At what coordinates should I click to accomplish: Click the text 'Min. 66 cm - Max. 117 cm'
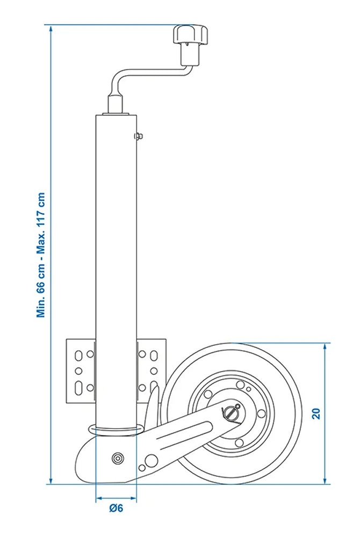point(41,255)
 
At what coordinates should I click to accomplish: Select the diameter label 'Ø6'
point(116,509)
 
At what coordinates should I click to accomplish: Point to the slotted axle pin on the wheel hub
point(231,413)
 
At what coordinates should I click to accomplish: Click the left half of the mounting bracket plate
point(81,371)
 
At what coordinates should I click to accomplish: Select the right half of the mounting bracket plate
point(150,371)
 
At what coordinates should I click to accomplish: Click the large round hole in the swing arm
point(152,459)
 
